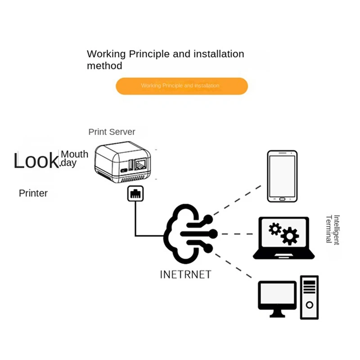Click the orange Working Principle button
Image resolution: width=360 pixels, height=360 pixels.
point(182,86)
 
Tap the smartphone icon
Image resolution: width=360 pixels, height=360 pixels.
point(282,176)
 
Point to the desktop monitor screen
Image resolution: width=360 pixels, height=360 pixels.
point(277,294)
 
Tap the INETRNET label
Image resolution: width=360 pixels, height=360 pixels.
point(185,274)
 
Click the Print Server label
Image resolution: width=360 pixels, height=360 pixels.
point(112,132)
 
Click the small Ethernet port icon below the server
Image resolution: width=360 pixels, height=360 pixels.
point(135,193)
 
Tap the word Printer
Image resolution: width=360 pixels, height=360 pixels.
point(33,193)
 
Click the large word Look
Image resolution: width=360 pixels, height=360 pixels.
point(36,161)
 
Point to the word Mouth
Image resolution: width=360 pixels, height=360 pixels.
point(75,154)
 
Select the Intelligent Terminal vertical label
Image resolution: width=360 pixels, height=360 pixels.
point(332,229)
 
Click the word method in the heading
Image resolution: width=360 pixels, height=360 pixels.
point(104,66)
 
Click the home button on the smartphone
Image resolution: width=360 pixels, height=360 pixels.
point(282,198)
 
